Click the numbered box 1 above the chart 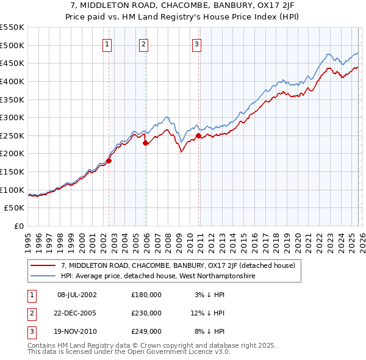pos(107,43)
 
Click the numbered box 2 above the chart pos(143,43)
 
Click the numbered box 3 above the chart pos(196,43)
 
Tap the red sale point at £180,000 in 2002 pos(109,160)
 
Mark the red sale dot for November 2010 pos(199,135)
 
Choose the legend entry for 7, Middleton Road pos(178,265)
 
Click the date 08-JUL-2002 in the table pos(77,295)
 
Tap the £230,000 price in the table pos(146,313)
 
